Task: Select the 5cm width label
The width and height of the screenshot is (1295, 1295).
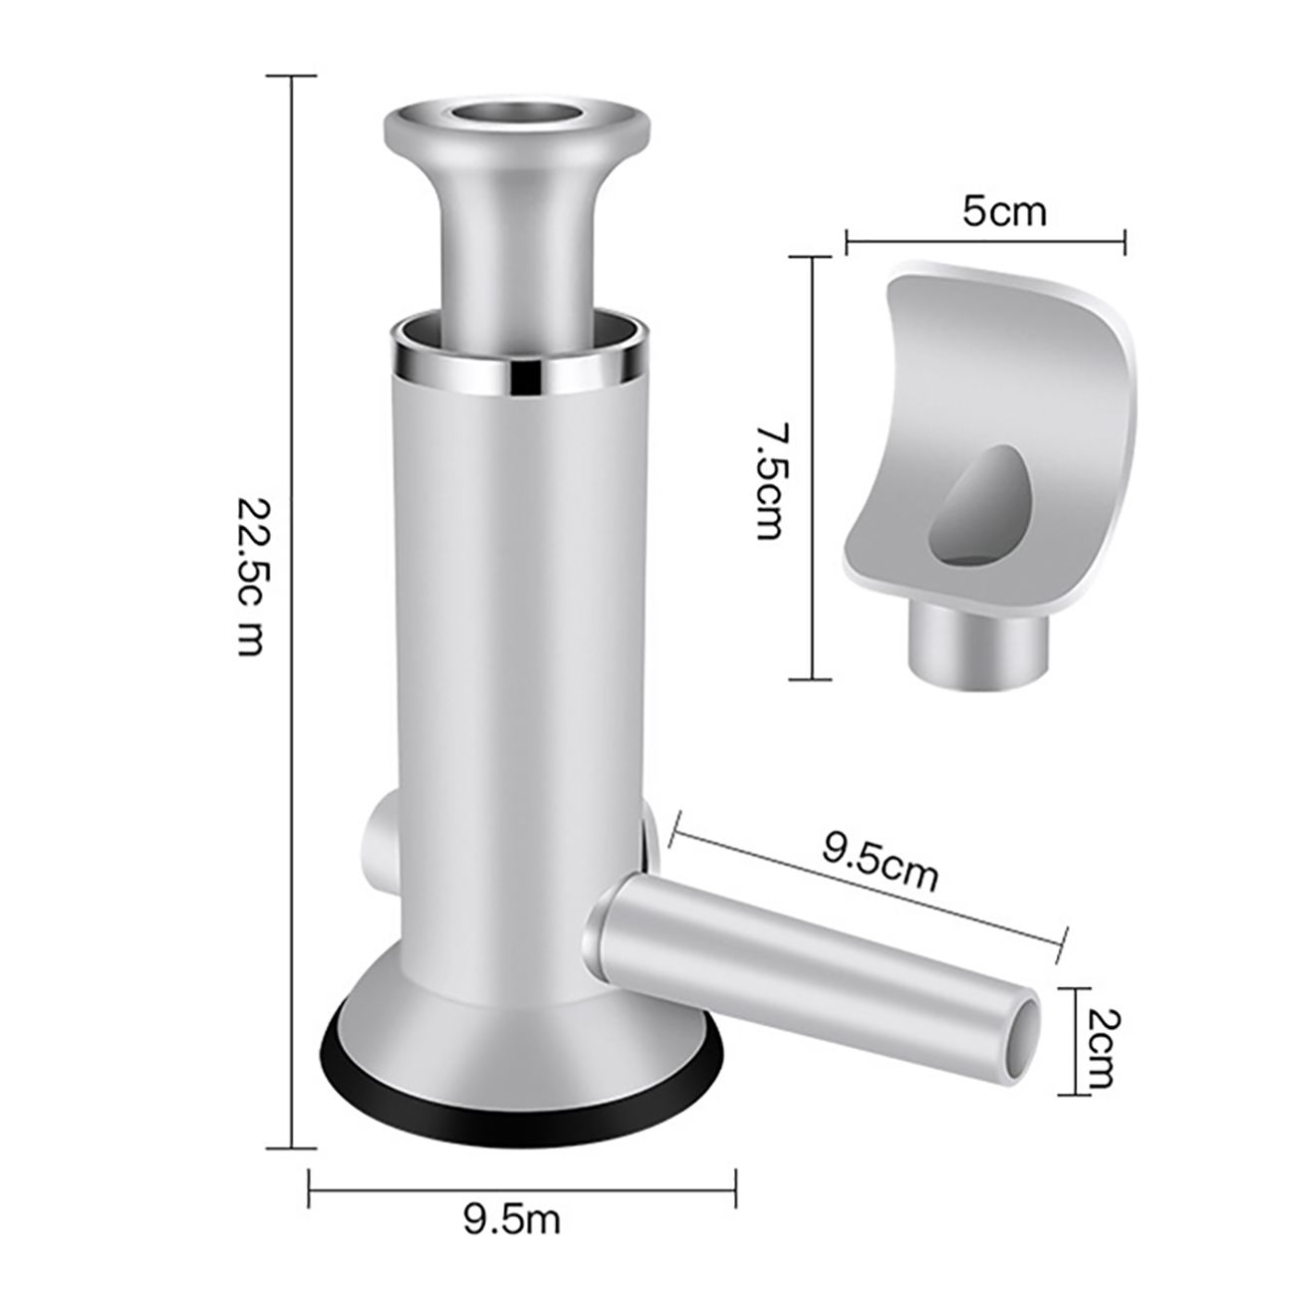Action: pyautogui.click(x=1005, y=212)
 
